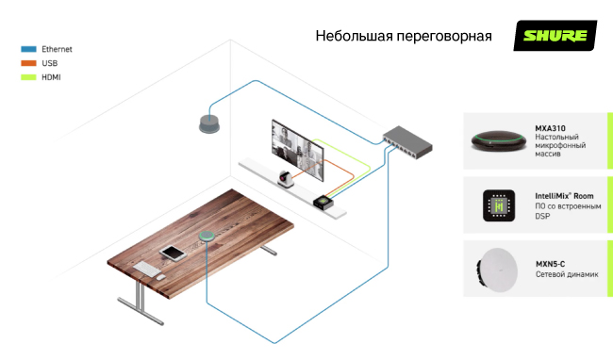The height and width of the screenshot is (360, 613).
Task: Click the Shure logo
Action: (555, 37)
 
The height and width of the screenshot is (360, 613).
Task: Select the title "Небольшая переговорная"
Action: (404, 37)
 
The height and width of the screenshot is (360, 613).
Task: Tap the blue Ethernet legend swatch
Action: (28, 49)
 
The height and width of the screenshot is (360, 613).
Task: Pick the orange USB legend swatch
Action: (28, 62)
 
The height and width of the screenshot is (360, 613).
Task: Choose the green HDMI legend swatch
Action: (28, 75)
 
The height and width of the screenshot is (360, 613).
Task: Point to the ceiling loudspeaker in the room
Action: (207, 123)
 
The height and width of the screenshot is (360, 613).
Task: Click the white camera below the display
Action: (286, 180)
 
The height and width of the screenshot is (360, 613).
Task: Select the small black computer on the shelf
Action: (325, 201)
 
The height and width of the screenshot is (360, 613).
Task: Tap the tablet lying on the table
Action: (174, 253)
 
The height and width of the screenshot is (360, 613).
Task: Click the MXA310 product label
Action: (550, 128)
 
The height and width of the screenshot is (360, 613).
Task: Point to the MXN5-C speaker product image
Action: (498, 270)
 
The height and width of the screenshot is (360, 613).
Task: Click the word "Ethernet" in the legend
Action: (57, 49)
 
